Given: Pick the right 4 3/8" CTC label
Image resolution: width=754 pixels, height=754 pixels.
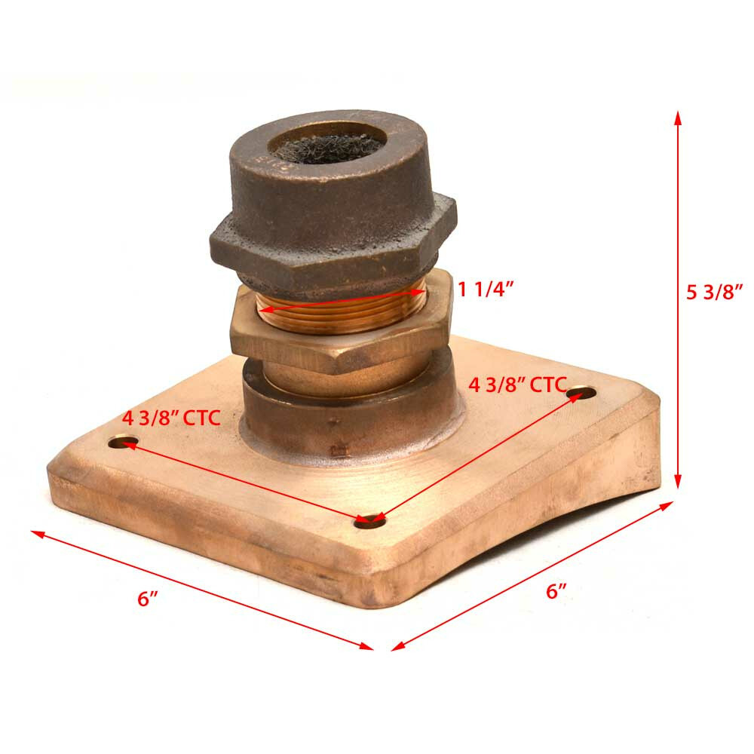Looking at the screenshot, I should coord(517,384).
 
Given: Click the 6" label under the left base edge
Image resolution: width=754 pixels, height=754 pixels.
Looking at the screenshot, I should coord(148,599).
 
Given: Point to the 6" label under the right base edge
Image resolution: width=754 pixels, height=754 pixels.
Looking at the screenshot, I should coord(556,591).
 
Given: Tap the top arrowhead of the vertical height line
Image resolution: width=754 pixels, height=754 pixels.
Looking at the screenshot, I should coord(678,116).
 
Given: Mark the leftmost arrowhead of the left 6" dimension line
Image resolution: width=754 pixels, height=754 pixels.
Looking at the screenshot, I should coord(36,533).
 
